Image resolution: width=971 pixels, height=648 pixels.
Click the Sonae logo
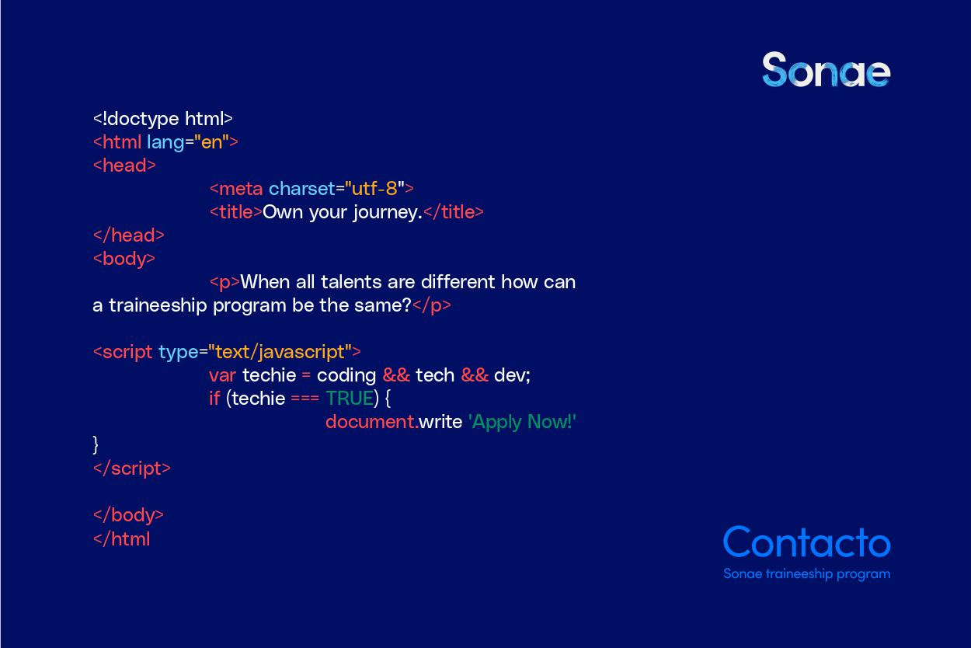(827, 69)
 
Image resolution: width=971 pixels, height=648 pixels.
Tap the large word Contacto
(807, 542)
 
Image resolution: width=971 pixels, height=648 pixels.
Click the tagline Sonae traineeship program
(807, 574)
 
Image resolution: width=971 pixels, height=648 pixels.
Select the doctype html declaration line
(163, 119)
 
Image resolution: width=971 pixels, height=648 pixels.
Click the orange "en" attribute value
(211, 142)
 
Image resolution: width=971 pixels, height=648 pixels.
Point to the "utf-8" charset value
(375, 189)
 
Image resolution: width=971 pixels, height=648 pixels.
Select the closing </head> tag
(129, 235)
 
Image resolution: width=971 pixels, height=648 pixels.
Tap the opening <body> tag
(124, 260)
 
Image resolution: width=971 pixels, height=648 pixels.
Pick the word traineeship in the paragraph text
(158, 306)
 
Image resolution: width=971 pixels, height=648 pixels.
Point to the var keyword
(222, 376)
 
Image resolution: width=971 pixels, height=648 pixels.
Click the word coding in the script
(346, 376)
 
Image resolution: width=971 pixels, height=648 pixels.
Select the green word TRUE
(350, 399)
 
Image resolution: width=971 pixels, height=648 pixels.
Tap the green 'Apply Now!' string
(522, 422)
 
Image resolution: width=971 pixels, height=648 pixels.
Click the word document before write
(371, 422)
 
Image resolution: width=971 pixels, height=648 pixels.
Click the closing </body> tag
(128, 515)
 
